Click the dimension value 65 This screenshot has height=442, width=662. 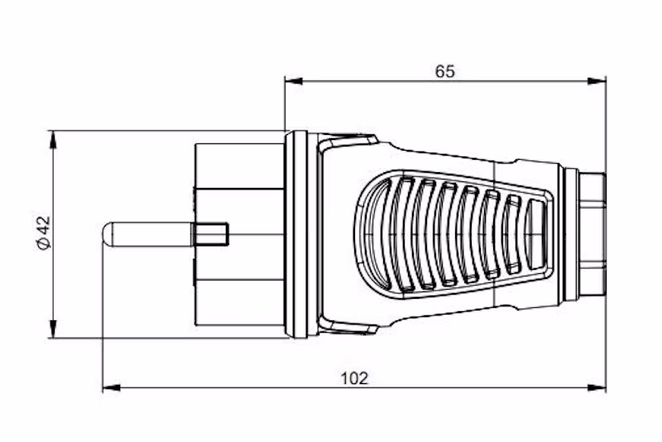click(x=445, y=71)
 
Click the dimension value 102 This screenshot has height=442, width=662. click(x=354, y=378)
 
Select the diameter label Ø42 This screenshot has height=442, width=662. click(x=44, y=233)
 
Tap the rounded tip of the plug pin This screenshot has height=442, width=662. click(x=106, y=234)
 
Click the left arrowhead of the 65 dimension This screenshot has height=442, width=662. click(x=294, y=80)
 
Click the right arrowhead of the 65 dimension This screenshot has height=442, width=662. click(x=597, y=80)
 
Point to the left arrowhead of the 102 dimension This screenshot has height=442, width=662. click(x=112, y=387)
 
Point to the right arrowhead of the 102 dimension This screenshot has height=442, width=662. click(x=597, y=387)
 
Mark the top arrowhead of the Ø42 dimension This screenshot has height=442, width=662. click(x=53, y=140)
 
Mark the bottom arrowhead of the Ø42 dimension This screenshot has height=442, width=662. click(x=53, y=329)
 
